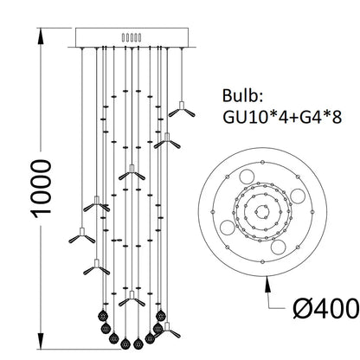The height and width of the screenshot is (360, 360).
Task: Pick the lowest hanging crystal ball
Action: [132, 339]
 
